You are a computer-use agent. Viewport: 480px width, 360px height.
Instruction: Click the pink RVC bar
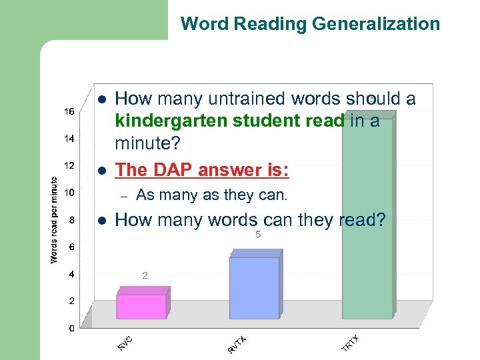pos(141,306)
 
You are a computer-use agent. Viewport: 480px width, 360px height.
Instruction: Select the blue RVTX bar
pos(255,288)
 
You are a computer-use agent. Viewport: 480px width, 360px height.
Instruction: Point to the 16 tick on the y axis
pos(69,111)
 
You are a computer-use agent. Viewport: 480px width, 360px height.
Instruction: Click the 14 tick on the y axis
pos(69,139)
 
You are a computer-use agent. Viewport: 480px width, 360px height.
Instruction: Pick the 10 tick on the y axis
pos(69,193)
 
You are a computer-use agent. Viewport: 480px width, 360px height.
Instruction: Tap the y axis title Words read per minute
pos(55,219)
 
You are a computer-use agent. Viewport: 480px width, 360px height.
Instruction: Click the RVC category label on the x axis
pos(125,343)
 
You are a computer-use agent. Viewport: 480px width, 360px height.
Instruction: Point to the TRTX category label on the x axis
pos(351,344)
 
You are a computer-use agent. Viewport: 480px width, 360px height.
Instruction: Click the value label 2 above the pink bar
pos(145,275)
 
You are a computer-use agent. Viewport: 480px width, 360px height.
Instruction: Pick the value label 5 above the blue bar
pos(258,235)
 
